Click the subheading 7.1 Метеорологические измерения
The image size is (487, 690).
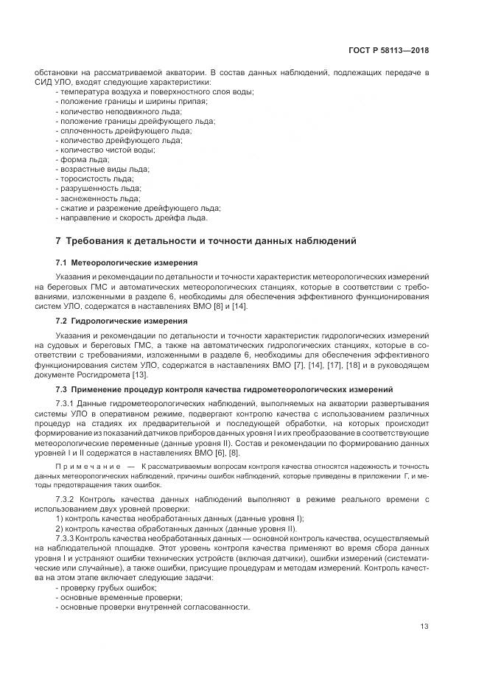point(127,262)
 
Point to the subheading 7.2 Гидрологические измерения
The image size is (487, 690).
point(122,321)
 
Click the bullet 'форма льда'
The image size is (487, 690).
point(83,159)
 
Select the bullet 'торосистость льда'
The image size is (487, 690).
point(94,178)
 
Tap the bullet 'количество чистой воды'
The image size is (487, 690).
point(105,150)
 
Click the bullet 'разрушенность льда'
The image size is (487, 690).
point(96,188)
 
